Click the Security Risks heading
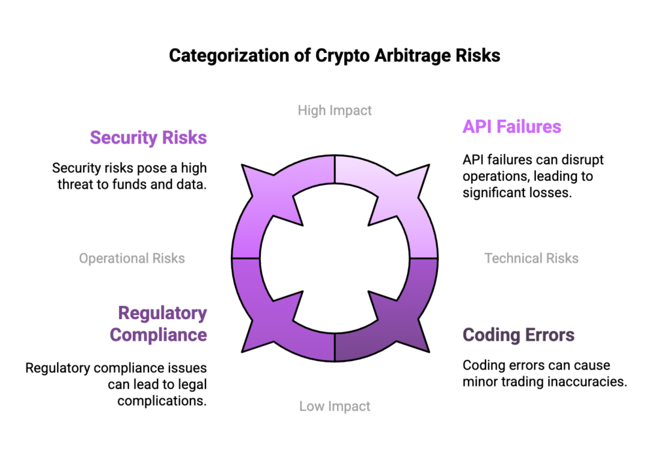pos(148,138)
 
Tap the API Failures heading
pos(512,126)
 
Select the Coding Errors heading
pos(518,335)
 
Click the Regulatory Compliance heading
pos(159,324)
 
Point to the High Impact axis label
pos(335,110)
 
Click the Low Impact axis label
pos(335,406)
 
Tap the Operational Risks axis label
pos(132,258)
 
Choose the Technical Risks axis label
pos(531,258)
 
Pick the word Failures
pos(529,126)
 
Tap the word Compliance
pos(158,335)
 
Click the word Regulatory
pos(162,313)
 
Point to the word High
pos(311,110)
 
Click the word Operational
pos(113,258)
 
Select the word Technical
pos(508,258)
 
